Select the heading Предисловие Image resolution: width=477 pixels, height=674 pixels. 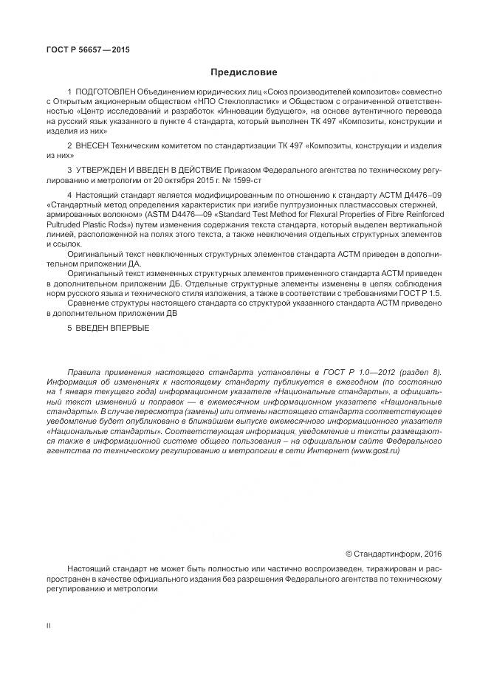[244, 72]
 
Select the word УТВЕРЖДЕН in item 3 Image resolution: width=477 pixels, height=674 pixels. [104, 170]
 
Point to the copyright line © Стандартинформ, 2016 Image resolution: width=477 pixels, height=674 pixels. [393, 554]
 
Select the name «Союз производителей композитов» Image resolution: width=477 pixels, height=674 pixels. [325, 90]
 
